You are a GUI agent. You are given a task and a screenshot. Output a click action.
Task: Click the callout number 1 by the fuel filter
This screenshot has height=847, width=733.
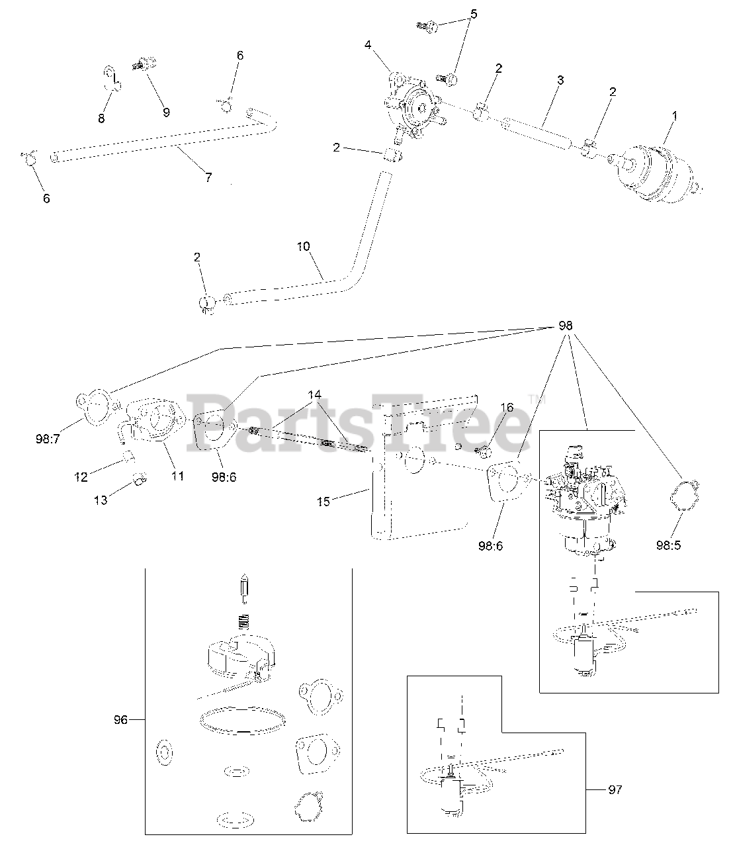point(675,115)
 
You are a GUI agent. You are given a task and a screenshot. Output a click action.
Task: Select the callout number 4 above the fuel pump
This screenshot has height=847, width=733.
point(367,45)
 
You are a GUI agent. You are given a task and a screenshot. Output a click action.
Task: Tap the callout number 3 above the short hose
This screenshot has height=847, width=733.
point(560,80)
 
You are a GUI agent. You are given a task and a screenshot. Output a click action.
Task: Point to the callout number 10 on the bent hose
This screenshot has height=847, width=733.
point(303,247)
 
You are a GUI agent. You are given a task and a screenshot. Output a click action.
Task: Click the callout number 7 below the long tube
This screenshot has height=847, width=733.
point(208,177)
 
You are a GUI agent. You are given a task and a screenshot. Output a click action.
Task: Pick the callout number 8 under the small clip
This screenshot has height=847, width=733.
point(101,118)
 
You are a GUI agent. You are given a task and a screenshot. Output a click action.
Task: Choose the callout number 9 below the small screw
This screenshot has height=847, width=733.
point(166,112)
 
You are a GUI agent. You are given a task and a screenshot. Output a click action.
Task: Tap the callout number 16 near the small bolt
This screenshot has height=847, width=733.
point(507,408)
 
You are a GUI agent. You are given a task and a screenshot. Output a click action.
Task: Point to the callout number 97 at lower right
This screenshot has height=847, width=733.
point(615,789)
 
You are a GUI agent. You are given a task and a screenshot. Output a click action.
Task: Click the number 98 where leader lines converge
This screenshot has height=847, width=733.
point(566,326)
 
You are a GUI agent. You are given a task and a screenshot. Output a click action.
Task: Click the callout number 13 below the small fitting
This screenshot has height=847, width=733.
point(101,501)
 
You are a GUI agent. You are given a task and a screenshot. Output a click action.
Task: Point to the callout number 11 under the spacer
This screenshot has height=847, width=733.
point(177,475)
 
